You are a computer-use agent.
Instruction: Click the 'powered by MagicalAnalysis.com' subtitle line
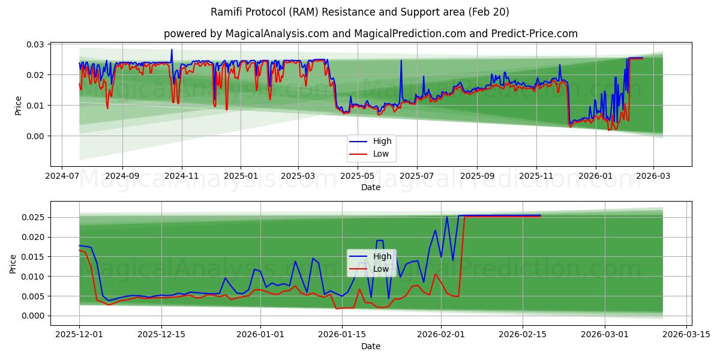(370, 34)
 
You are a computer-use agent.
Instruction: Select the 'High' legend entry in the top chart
(382, 142)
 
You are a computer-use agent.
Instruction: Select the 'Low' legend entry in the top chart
(380, 154)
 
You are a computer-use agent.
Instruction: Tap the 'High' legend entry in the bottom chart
(382, 256)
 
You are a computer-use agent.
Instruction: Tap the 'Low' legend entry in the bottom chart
(380, 269)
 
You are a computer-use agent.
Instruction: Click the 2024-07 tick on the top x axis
(62, 177)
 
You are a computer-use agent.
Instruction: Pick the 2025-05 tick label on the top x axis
(358, 177)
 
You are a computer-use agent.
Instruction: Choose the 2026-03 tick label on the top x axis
(653, 177)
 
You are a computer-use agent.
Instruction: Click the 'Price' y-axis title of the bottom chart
(13, 263)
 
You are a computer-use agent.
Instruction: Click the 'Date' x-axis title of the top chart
(370, 188)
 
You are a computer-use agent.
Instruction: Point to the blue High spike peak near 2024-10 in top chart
(172, 50)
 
